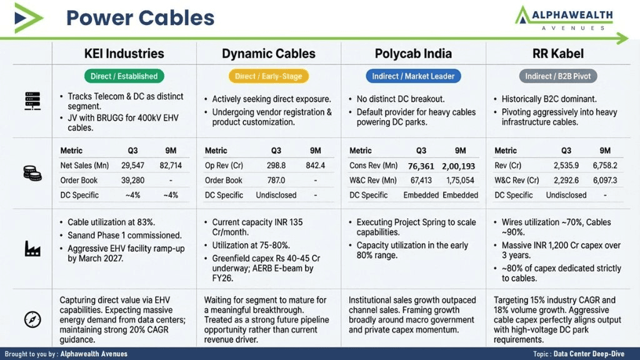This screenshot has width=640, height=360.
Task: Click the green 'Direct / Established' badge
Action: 124,76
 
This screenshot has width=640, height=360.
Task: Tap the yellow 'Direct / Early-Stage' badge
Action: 269,76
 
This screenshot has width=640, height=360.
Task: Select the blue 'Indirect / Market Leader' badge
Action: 413,76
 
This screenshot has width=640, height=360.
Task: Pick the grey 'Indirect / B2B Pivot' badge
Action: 558,76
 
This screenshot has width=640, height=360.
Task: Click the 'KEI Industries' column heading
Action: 124,54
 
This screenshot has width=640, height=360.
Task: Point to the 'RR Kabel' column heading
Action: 558,54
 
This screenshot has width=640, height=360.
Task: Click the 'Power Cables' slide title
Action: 140,18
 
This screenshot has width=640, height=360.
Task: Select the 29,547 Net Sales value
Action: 132,165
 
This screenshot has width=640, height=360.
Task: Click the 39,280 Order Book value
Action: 132,181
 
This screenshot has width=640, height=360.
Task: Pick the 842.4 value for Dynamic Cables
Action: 315,165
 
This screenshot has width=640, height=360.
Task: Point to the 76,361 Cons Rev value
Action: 421,166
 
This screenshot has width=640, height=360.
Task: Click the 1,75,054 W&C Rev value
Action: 460,181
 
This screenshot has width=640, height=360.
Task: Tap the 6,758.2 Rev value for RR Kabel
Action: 605,165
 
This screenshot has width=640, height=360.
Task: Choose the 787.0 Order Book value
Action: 276,181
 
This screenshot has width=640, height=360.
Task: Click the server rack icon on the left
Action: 32,101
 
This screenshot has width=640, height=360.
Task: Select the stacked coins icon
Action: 32,173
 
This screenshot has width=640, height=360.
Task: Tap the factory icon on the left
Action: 32,249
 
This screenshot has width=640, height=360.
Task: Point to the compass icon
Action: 32,319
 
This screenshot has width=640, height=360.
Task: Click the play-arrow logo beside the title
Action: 27,18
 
